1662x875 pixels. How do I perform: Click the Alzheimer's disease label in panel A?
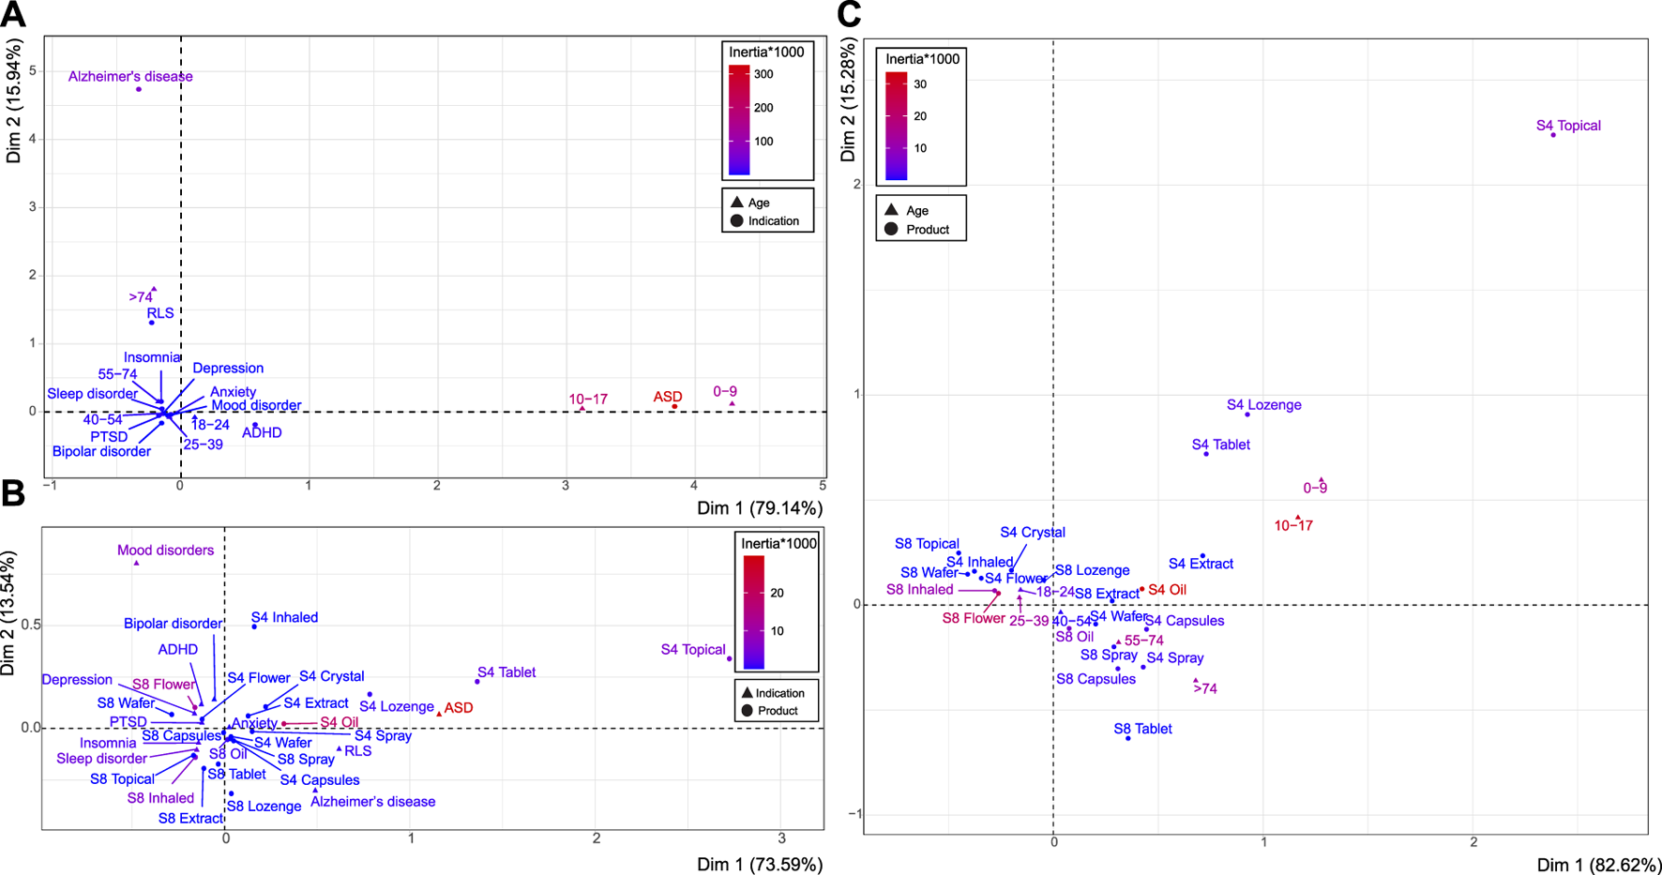130,77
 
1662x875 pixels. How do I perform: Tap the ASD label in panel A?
668,397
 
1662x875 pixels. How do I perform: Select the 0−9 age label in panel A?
725,391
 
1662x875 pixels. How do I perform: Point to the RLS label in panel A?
160,313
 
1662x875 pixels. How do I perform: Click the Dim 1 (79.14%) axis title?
759,507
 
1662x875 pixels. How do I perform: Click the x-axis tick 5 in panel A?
823,486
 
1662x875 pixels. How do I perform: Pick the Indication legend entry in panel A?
773,221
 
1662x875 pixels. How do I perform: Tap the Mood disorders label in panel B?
165,551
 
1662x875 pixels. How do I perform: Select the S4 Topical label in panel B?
693,650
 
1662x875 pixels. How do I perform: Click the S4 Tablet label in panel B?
506,672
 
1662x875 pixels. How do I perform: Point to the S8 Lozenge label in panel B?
264,807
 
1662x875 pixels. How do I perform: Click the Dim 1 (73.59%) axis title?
759,864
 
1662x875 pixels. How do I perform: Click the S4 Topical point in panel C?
1553,135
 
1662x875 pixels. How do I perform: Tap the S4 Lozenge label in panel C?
1263,405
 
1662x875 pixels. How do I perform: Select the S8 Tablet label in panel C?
1142,729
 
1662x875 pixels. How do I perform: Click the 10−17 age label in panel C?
1293,526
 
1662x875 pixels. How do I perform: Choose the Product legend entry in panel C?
927,230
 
